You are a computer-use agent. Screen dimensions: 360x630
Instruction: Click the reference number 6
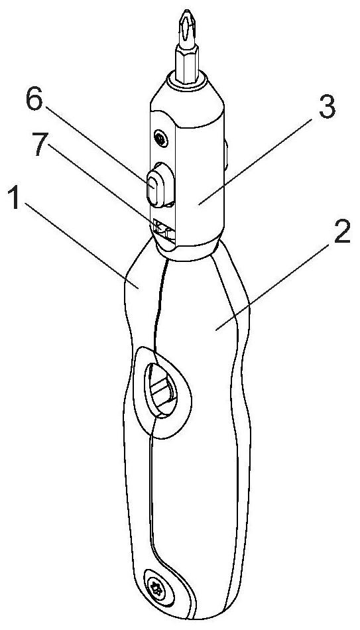34,100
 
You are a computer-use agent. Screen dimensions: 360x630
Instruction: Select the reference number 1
15,198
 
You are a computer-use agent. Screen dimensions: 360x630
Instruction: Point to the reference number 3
327,107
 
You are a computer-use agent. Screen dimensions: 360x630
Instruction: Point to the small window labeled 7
164,231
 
